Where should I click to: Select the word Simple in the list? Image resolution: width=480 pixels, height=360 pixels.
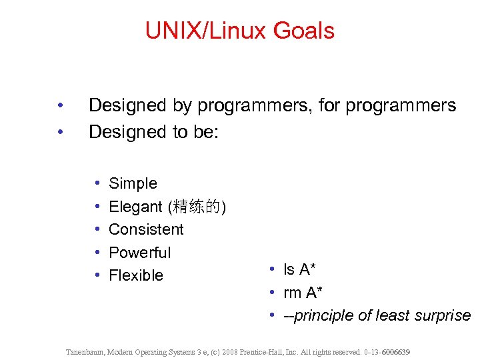point(133,183)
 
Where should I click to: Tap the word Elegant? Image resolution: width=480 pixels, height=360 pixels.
point(135,207)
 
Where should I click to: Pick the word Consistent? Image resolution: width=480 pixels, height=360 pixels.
point(146,229)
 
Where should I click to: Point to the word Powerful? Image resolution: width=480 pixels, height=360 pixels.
point(139,253)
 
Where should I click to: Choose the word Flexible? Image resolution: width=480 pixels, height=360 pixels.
point(135,275)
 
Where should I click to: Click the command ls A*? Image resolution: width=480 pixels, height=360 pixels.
point(299,269)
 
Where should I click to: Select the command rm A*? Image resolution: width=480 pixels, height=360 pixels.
point(301,293)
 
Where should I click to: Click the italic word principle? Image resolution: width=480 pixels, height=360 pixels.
point(324,315)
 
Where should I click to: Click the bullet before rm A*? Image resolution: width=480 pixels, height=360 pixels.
point(273,293)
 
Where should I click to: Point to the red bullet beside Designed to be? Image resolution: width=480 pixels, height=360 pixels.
point(60,132)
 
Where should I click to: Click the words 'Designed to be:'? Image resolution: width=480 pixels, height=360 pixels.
point(154,132)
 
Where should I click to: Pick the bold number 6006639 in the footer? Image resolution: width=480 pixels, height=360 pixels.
point(395,351)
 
